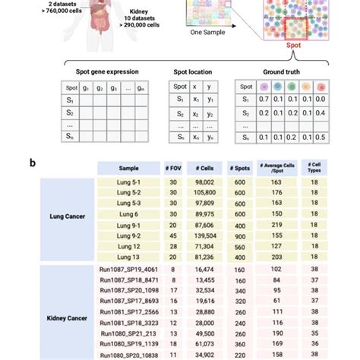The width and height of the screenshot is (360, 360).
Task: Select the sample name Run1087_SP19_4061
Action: [x=128, y=268]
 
